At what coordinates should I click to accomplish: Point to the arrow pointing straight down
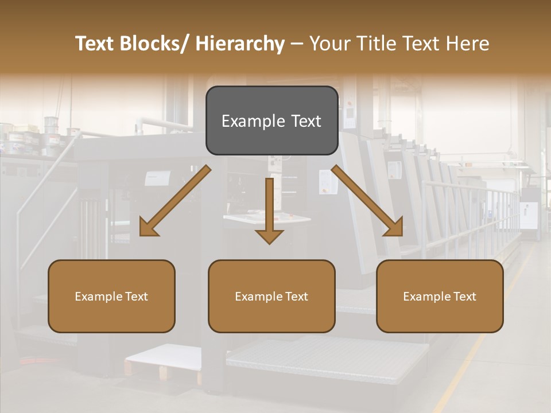tap(269, 209)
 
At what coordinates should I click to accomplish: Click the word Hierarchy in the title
tap(240, 44)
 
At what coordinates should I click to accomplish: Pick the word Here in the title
tap(468, 44)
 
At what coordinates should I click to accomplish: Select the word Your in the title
tap(329, 44)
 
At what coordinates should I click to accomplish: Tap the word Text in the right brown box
tap(464, 297)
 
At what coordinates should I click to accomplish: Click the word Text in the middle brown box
tap(296, 297)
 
